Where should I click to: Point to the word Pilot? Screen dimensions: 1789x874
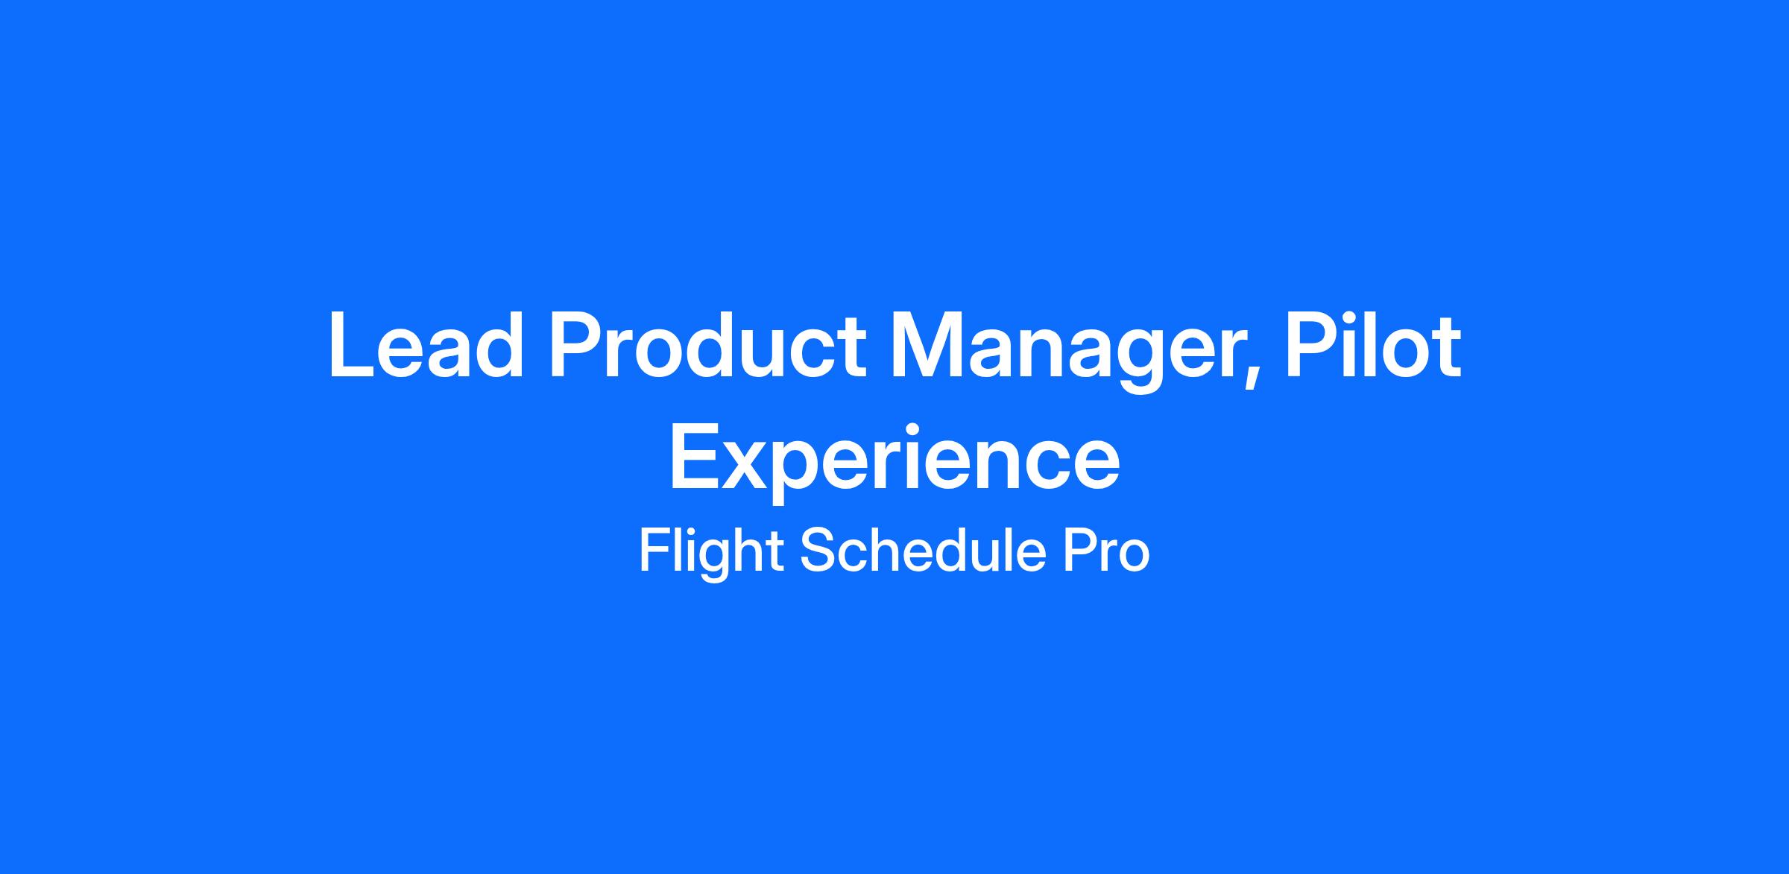pyautogui.click(x=1372, y=345)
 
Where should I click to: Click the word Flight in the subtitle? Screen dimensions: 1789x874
pyautogui.click(x=710, y=553)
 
